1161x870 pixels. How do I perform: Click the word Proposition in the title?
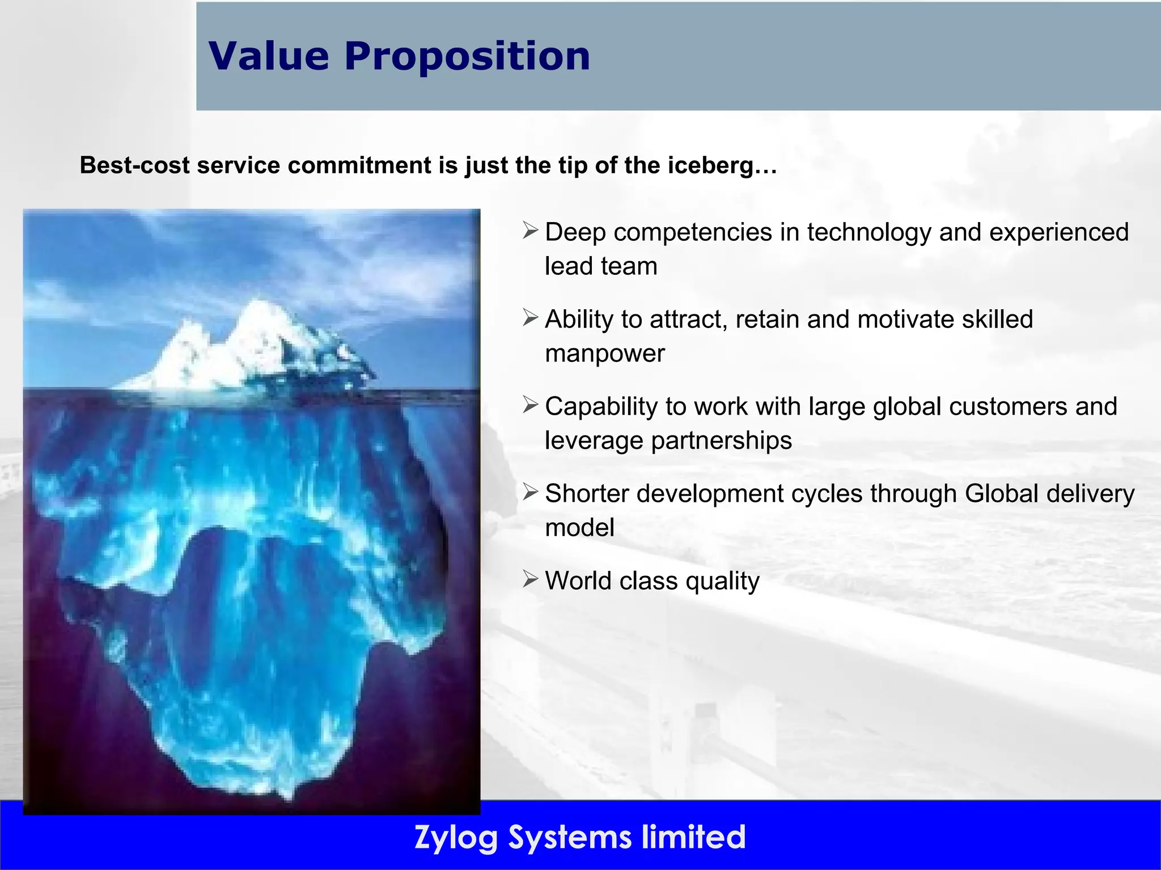tap(467, 57)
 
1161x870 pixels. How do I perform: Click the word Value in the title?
tap(269, 57)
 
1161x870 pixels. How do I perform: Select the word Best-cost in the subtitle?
tap(134, 165)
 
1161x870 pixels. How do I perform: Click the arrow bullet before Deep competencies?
tap(530, 231)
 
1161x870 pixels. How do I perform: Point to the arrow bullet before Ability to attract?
tap(530, 318)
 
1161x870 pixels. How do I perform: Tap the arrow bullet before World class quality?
tap(530, 579)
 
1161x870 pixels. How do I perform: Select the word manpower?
tap(604, 353)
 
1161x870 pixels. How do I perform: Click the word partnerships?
tap(721, 441)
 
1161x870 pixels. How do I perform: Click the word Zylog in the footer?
tap(456, 837)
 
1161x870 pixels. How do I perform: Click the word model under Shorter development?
tap(579, 528)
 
